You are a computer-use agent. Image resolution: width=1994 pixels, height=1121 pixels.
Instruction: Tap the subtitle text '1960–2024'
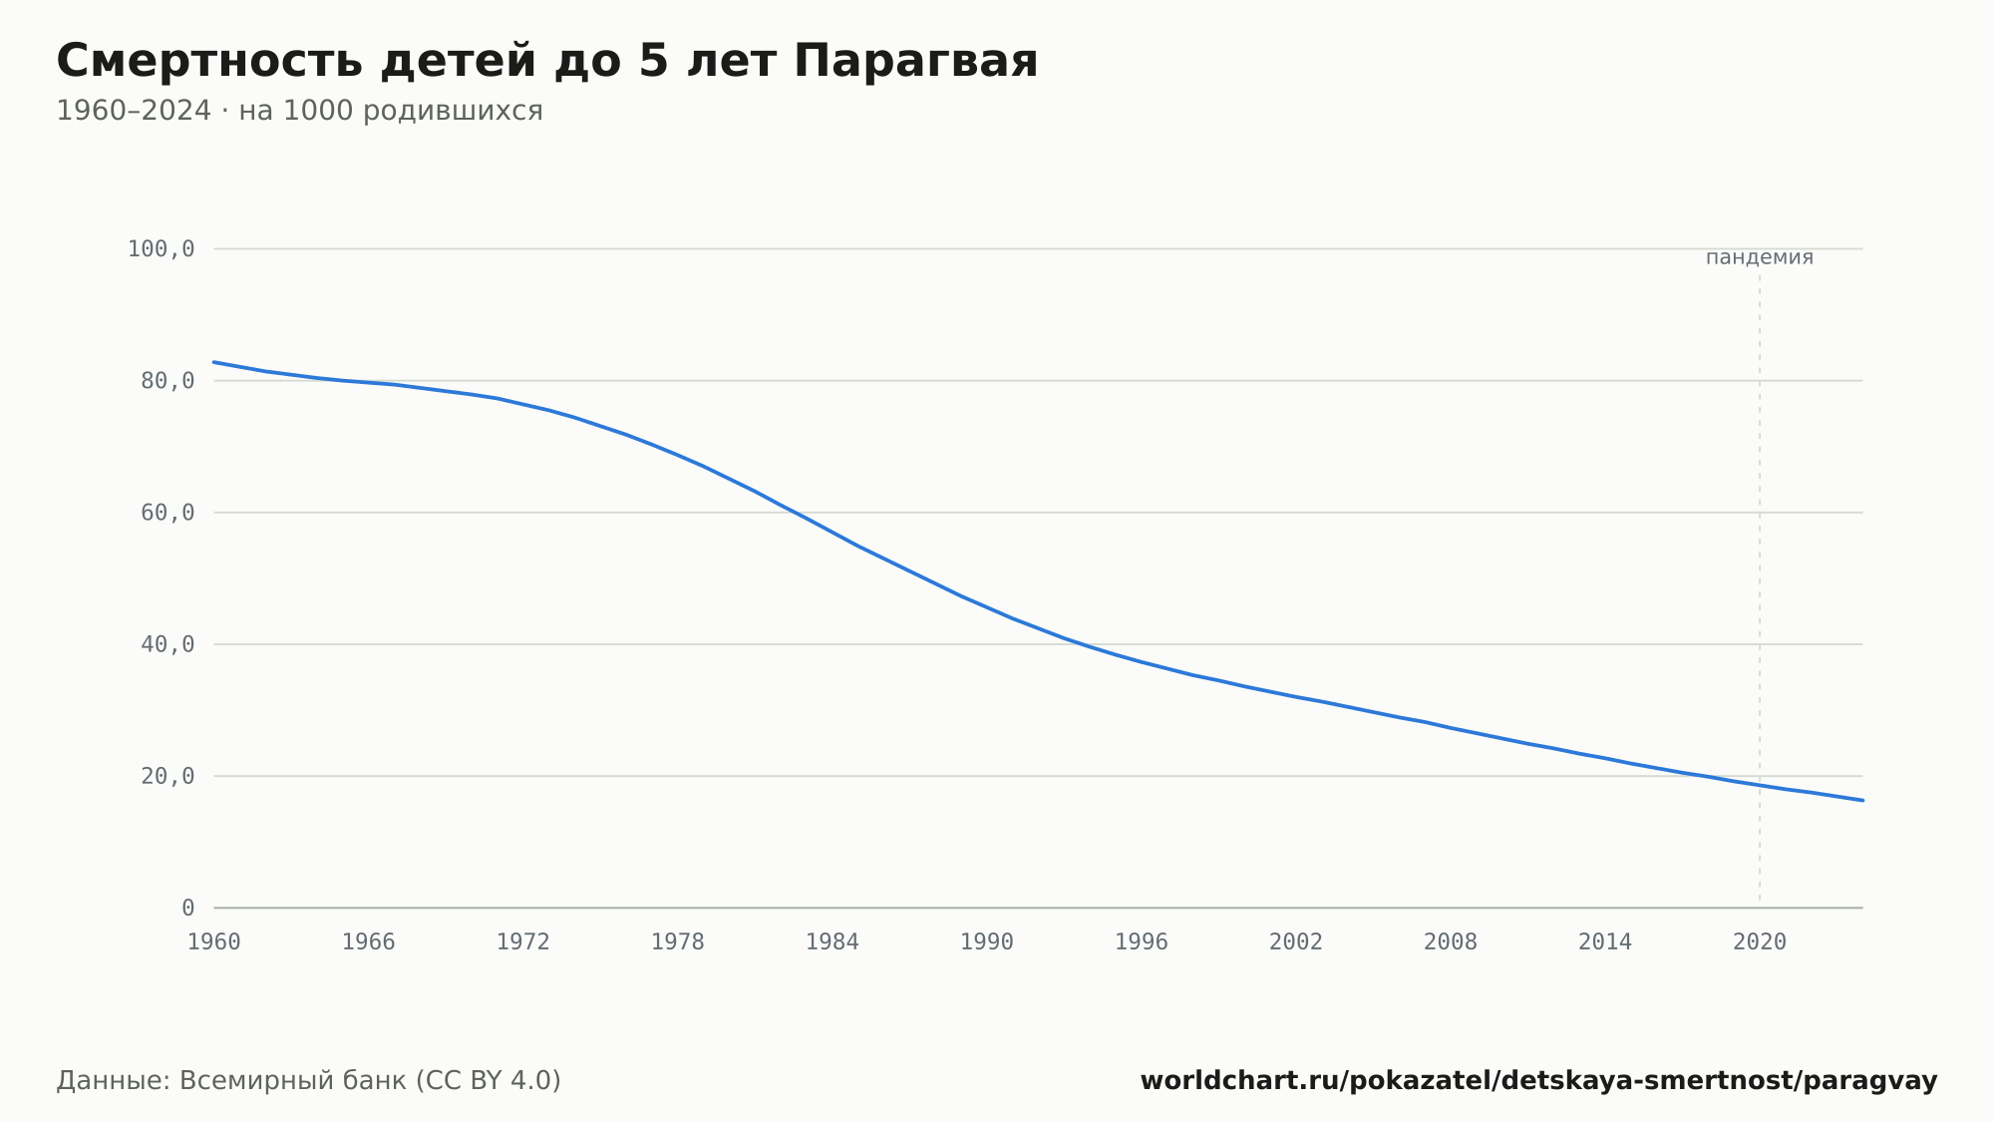click(x=134, y=111)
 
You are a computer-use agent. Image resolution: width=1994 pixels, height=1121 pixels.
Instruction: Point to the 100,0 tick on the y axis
click(x=161, y=249)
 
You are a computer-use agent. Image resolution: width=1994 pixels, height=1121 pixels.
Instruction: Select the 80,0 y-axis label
click(x=167, y=381)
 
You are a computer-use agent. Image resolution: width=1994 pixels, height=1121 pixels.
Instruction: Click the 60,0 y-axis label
click(x=167, y=513)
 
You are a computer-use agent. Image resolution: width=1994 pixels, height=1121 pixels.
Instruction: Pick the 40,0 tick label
click(x=167, y=644)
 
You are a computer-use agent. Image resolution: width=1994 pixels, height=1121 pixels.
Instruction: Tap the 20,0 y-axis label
click(x=167, y=776)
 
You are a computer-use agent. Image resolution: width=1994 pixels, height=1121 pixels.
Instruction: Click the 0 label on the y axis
click(x=188, y=908)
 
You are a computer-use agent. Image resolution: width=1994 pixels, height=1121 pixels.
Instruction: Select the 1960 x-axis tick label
click(x=214, y=942)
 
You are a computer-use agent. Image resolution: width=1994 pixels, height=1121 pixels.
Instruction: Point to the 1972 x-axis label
click(x=523, y=942)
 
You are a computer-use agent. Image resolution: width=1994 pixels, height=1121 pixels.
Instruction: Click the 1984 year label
click(x=832, y=942)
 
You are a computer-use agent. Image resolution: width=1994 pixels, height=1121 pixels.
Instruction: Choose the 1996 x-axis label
click(x=1142, y=942)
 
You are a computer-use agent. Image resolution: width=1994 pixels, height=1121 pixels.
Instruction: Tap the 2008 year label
click(x=1451, y=942)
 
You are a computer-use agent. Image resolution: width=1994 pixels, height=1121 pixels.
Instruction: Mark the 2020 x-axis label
click(x=1760, y=942)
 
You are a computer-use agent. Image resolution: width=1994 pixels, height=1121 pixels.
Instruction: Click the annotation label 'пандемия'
click(x=1760, y=258)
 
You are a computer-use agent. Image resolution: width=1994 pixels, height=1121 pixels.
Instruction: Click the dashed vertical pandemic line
click(x=1760, y=588)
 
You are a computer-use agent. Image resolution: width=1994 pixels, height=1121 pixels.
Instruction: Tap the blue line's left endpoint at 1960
click(x=214, y=362)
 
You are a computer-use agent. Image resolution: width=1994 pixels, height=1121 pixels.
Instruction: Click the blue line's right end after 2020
click(x=1862, y=800)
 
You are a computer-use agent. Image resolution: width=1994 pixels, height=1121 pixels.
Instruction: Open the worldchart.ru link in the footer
click(x=1538, y=1081)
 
